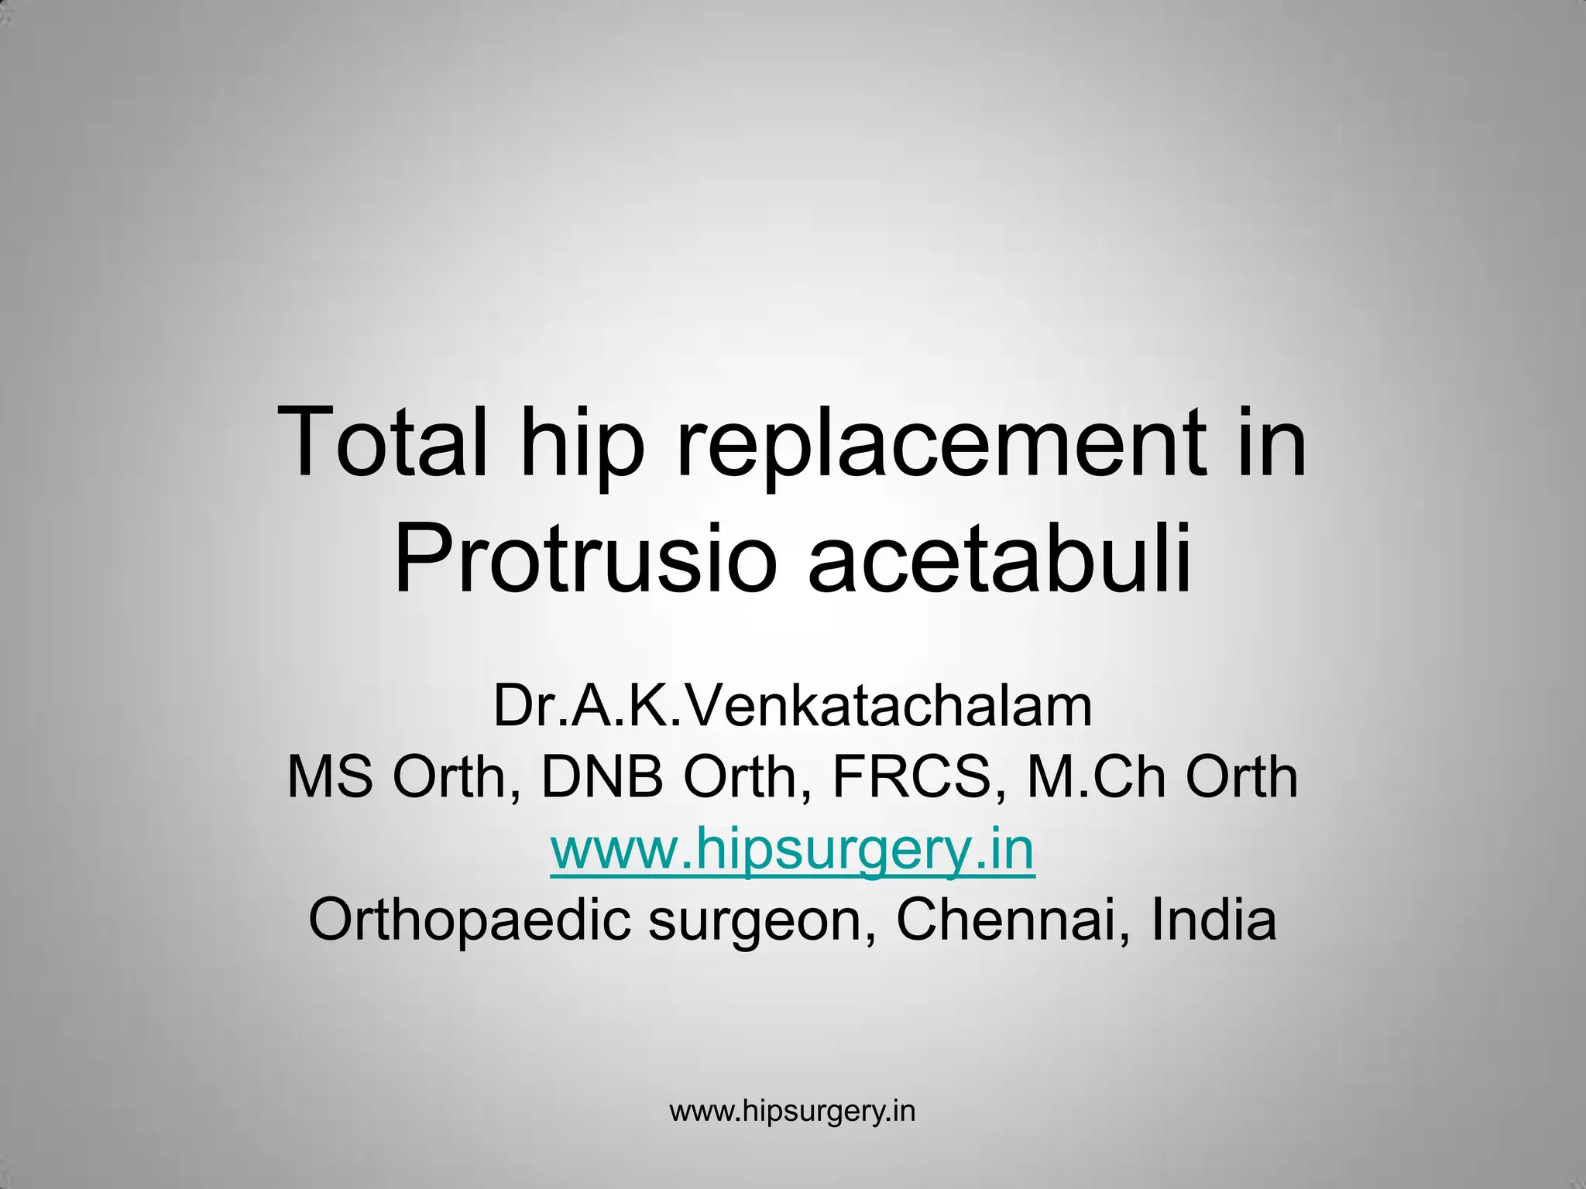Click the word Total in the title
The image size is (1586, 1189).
point(383,444)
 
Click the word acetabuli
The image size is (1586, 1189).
point(999,556)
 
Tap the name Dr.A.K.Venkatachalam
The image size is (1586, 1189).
point(792,706)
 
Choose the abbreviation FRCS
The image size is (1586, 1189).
point(911,777)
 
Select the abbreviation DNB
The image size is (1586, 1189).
point(602,777)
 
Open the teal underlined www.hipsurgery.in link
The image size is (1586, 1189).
point(792,849)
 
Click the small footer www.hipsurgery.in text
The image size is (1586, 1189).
point(792,1111)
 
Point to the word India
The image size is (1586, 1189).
point(1213,920)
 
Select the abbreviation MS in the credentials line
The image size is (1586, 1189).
point(330,777)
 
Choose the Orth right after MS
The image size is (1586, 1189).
point(449,777)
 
